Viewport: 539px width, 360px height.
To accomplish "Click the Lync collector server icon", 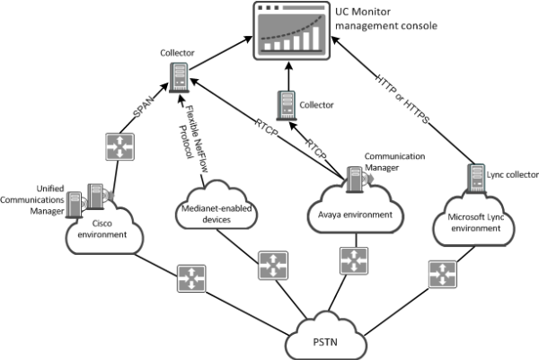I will (473, 174).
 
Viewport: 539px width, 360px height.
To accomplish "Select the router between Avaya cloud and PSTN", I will (351, 261).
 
